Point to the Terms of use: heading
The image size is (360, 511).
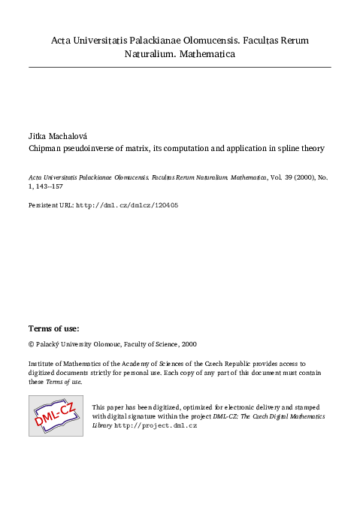coord(53,328)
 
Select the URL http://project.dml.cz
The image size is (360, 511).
coord(156,425)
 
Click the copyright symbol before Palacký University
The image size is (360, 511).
coord(32,344)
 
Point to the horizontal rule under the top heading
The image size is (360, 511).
coord(180,68)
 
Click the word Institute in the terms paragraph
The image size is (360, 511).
coord(43,363)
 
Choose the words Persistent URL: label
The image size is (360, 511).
coord(51,204)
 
